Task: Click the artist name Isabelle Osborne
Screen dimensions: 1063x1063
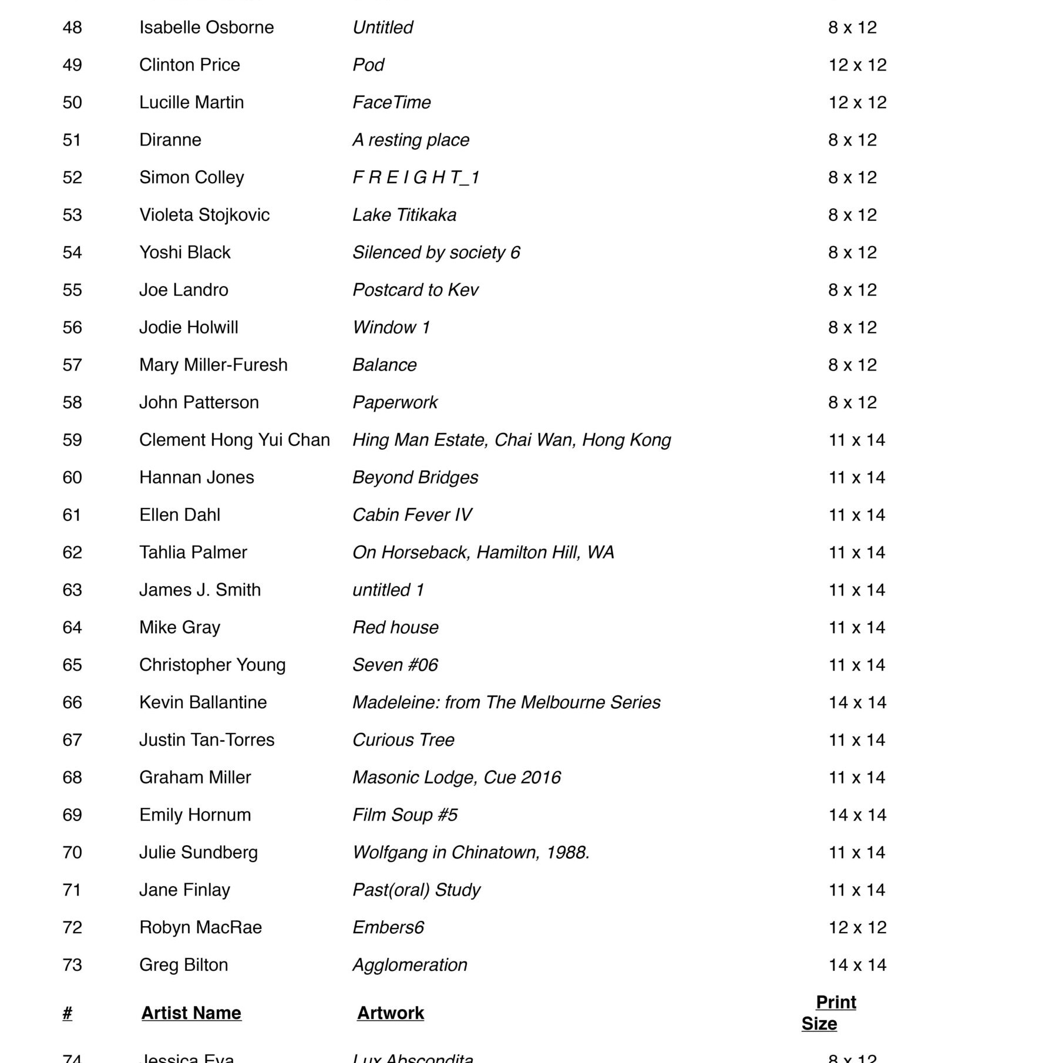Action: [x=206, y=28]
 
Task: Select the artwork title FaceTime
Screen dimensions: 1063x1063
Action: [x=391, y=103]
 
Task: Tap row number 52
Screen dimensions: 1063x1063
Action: [x=72, y=177]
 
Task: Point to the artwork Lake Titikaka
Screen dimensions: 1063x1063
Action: [x=404, y=215]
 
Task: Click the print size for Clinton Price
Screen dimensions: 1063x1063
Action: [x=857, y=65]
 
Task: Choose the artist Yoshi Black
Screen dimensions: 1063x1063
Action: [x=184, y=253]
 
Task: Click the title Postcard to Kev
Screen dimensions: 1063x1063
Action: [x=415, y=290]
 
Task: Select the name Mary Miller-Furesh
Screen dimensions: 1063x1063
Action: [x=213, y=365]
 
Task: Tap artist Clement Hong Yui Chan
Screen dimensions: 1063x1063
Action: [x=234, y=440]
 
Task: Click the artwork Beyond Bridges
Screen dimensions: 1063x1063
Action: [x=415, y=477]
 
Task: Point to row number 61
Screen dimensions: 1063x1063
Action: [x=72, y=515]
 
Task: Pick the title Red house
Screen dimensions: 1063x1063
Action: [x=395, y=628]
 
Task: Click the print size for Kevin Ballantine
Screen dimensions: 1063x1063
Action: [x=857, y=702]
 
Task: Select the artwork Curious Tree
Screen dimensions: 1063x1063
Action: [x=403, y=740]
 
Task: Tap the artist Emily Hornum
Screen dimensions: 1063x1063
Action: [x=195, y=815]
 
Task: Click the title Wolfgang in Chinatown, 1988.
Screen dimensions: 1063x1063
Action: [x=470, y=853]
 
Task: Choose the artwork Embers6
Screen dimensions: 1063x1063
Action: [x=388, y=928]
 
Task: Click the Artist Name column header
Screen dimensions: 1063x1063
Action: [x=191, y=1013]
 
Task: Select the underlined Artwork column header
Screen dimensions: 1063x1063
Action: [x=390, y=1013]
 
